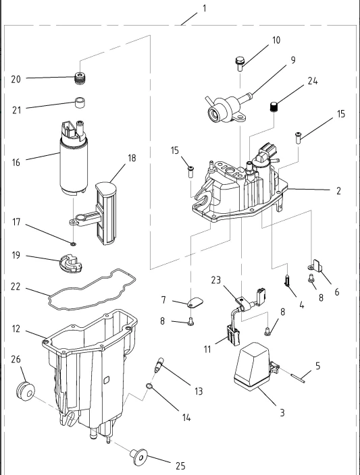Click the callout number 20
(16, 80)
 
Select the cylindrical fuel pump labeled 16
(74, 157)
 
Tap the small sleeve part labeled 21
(80, 103)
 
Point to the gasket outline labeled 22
(92, 289)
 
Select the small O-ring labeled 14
(149, 386)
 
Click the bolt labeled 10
(240, 63)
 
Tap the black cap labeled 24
(274, 107)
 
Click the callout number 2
(338, 191)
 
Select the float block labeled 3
(252, 366)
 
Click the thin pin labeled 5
(296, 378)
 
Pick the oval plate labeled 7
(195, 302)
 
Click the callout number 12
(16, 329)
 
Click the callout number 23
(216, 280)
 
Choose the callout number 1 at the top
(205, 9)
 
